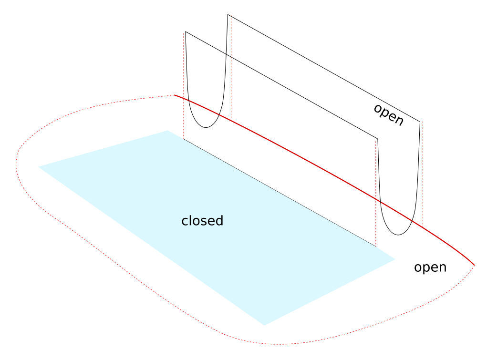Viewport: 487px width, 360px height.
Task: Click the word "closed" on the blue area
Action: [x=202, y=221]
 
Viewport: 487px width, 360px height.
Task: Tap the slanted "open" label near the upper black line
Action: [x=388, y=115]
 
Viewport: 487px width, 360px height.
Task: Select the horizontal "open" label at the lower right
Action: [x=430, y=267]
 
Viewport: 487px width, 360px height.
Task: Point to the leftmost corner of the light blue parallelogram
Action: [x=39, y=166]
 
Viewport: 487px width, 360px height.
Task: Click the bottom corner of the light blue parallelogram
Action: [x=264, y=325]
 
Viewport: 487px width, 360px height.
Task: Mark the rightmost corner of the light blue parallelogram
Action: [x=395, y=259]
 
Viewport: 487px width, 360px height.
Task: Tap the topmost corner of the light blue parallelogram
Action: [x=167, y=131]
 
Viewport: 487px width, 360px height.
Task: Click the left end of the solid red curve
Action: [x=175, y=95]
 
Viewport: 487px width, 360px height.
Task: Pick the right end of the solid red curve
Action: [x=474, y=265]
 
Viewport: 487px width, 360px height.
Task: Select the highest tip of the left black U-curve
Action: [x=228, y=15]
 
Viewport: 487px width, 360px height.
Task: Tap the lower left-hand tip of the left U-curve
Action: [x=185, y=32]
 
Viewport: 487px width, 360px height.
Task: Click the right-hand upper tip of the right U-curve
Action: [x=420, y=122]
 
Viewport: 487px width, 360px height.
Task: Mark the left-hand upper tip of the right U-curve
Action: [x=378, y=139]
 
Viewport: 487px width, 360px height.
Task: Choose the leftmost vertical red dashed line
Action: [x=184, y=86]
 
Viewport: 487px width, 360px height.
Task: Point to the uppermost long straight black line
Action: [x=324, y=68]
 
